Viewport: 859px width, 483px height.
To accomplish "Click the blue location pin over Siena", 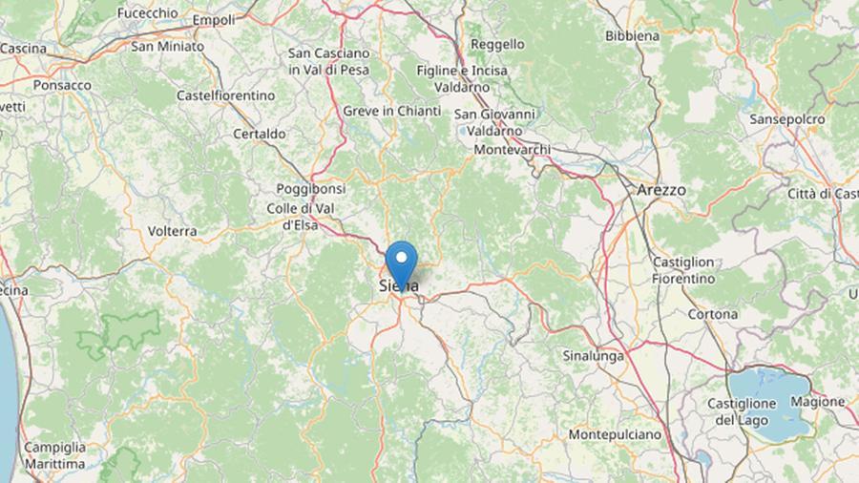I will pos(402,261).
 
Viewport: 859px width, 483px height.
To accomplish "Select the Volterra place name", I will pos(173,231).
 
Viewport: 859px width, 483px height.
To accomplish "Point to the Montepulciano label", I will pos(614,434).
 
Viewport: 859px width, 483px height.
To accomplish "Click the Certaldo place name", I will pos(259,135).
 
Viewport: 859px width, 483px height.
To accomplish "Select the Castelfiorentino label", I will pos(226,95).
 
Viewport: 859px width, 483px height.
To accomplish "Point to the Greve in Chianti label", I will pos(391,112).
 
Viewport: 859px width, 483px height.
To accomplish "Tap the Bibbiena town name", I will pos(632,36).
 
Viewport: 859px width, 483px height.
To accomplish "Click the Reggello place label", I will pos(496,44).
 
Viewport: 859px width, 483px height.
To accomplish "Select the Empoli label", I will pos(214,19).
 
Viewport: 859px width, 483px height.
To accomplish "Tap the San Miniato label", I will pos(167,45).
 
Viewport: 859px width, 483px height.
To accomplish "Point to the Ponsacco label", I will pos(62,85).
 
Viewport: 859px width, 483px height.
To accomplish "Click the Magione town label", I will pos(817,402).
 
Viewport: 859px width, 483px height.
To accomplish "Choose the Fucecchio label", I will pos(147,13).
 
